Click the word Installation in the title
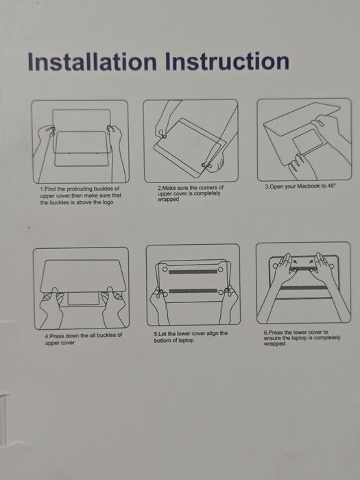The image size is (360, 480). click(91, 62)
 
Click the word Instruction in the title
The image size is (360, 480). click(226, 62)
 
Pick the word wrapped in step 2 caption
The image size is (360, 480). click(168, 200)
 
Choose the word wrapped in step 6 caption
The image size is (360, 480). click(274, 344)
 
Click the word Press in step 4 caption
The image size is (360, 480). click(56, 336)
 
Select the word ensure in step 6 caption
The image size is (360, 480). click(273, 339)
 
